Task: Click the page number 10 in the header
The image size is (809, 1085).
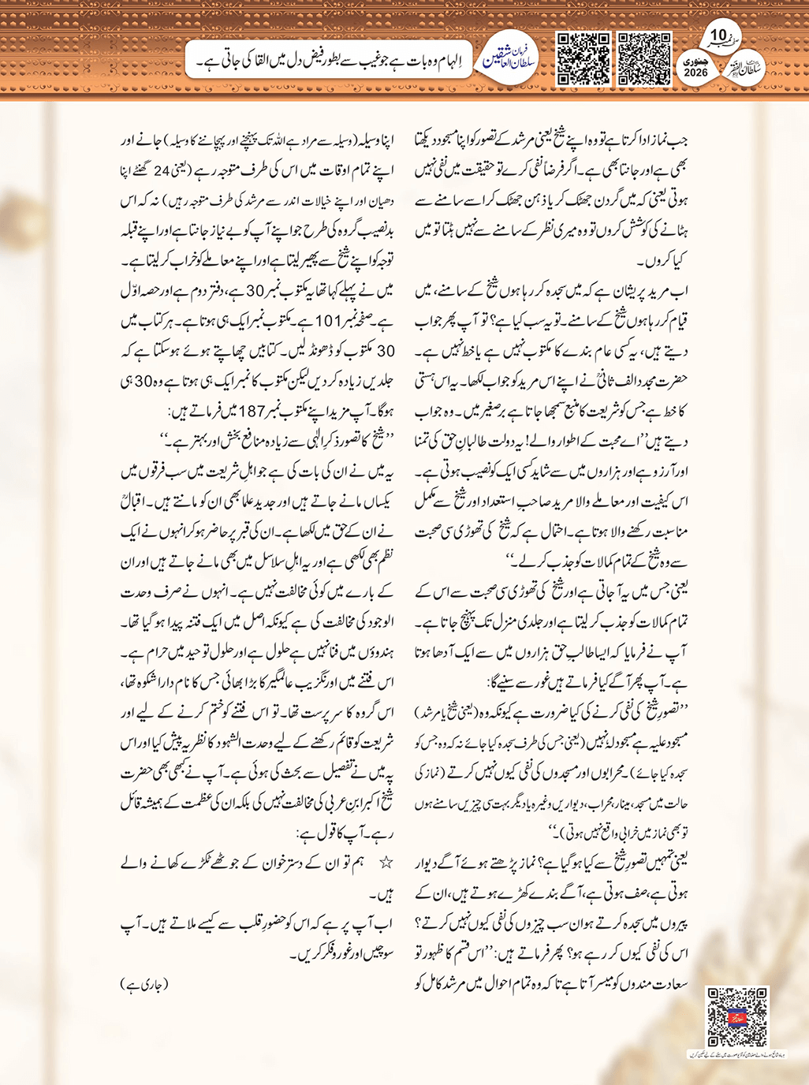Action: tap(718, 35)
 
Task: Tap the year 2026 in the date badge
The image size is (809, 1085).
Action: tap(696, 73)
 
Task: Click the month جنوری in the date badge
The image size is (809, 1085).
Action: tap(696, 61)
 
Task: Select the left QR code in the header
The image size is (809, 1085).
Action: tap(583, 58)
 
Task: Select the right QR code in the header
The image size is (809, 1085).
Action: tap(644, 58)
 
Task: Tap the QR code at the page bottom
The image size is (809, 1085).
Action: tap(737, 1017)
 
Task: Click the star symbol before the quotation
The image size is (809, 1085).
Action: tap(386, 863)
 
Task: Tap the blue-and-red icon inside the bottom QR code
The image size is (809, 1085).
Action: tap(737, 1016)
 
